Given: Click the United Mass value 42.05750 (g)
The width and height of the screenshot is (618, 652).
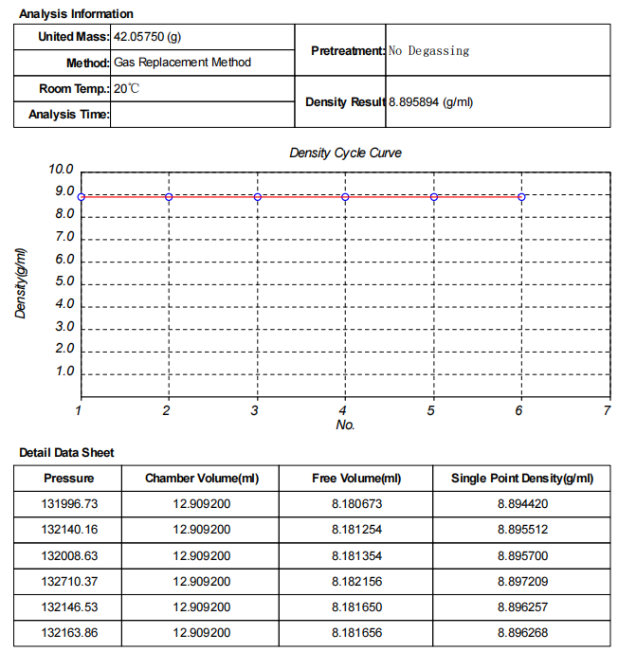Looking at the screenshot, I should click(147, 37).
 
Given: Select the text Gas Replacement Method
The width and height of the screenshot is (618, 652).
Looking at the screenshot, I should click(182, 63).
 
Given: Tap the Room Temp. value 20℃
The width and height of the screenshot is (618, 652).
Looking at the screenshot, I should click(126, 88).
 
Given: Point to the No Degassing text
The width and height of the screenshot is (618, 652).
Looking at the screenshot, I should click(428, 50).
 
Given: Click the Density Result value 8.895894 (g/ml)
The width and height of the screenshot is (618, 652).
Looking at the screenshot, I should click(430, 101).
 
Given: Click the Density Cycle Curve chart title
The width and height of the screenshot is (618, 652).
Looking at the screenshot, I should click(345, 153).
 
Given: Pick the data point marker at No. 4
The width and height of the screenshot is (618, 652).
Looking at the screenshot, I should click(345, 196).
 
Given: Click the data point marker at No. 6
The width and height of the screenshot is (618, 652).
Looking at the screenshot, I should click(521, 196).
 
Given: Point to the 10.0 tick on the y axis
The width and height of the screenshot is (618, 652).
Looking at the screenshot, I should click(62, 170).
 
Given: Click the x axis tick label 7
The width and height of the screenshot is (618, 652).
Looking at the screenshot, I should click(607, 410).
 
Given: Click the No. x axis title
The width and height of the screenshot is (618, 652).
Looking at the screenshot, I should click(345, 426).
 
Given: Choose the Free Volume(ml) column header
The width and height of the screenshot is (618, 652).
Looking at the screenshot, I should click(356, 478).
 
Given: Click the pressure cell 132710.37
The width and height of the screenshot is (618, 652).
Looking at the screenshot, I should click(70, 581).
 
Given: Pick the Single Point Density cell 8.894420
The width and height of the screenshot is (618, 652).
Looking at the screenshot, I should click(522, 503).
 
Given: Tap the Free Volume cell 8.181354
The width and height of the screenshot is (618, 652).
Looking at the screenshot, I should click(356, 555).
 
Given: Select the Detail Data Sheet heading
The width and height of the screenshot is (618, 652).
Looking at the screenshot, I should click(66, 453).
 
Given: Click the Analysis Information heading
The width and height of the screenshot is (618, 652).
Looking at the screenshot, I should click(76, 14).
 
